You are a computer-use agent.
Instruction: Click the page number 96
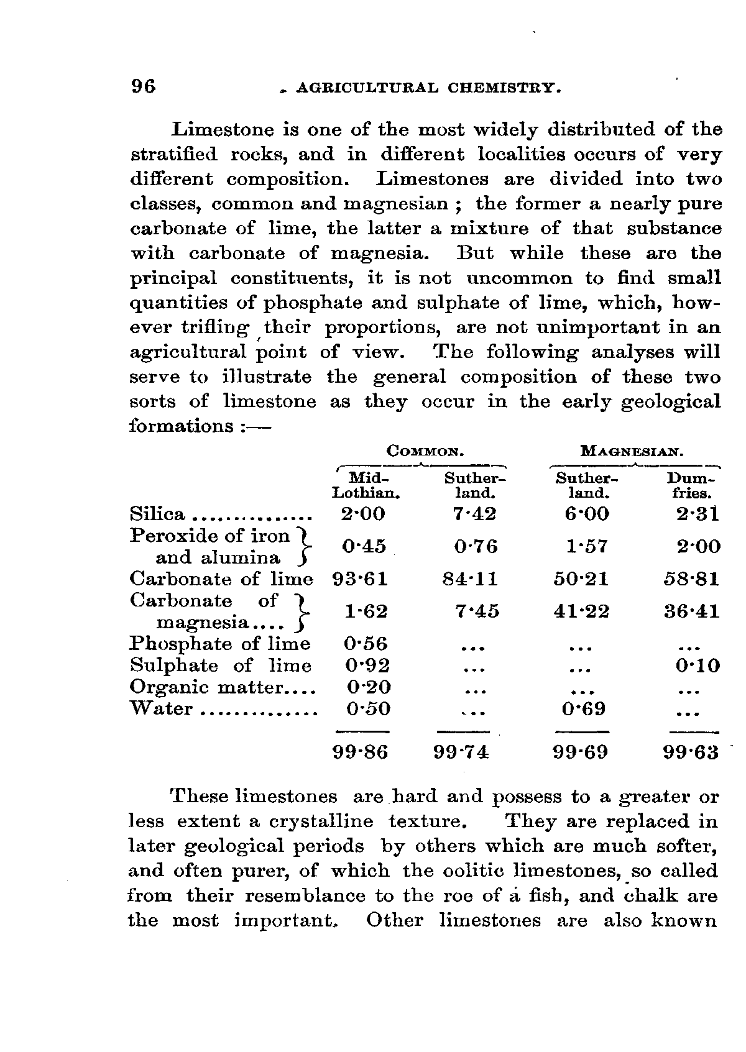pos(143,86)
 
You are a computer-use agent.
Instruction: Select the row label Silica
pos(158,515)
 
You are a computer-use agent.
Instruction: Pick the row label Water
pos(161,709)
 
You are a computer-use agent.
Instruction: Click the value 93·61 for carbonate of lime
pos(361,579)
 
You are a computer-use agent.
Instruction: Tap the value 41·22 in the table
pos(581,612)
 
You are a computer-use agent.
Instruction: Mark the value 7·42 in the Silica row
pos(476,515)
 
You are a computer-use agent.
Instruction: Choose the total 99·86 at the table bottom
pos(361,752)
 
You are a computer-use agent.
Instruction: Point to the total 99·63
pos(691,752)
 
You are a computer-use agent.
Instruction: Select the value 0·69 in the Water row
pos(583,709)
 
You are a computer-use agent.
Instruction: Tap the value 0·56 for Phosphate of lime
pos(366,644)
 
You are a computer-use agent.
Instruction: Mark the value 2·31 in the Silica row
pos(698,515)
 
